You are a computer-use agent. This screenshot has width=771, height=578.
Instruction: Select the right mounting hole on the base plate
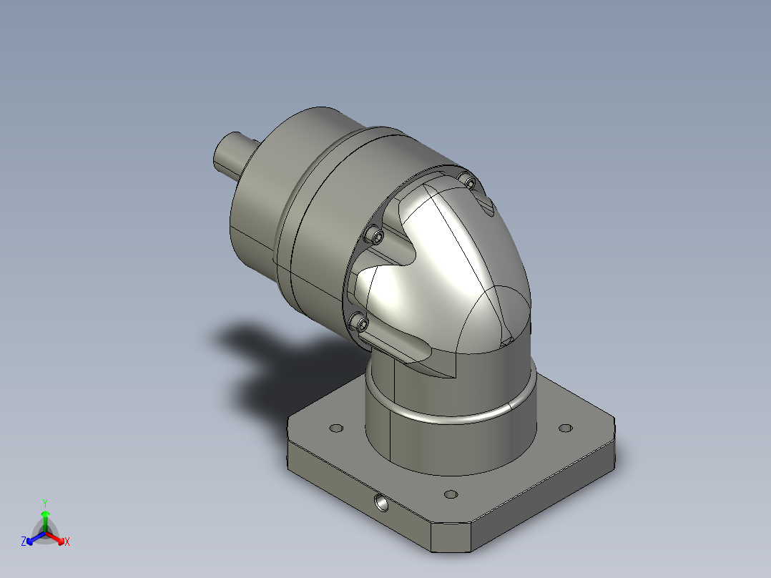(x=565, y=428)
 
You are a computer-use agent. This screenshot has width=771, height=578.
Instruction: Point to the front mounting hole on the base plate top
(x=450, y=494)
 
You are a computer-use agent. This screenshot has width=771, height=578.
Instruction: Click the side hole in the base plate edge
(x=382, y=504)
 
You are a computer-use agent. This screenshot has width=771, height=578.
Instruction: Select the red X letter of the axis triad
(x=67, y=542)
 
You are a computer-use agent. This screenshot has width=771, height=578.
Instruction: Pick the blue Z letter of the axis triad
(x=24, y=542)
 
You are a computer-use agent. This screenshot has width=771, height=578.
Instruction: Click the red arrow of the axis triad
(x=57, y=539)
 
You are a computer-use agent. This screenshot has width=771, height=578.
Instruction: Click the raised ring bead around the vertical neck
(x=451, y=418)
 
